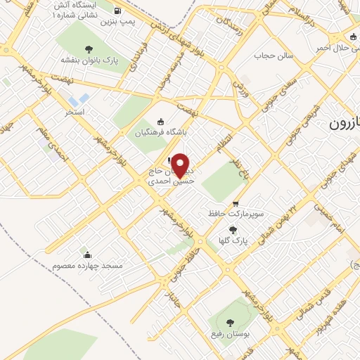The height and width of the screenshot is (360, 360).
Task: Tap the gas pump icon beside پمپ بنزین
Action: [116, 11]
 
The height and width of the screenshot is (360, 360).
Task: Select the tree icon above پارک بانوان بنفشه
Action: [89, 49]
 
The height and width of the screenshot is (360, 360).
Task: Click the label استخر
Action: [75, 112]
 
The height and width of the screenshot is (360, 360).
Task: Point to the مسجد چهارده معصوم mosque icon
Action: [86, 255]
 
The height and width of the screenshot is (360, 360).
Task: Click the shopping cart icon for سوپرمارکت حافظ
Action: [235, 202]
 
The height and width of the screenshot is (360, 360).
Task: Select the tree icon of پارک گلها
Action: [233, 229]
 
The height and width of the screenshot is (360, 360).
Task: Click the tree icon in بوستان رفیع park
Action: [231, 323]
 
